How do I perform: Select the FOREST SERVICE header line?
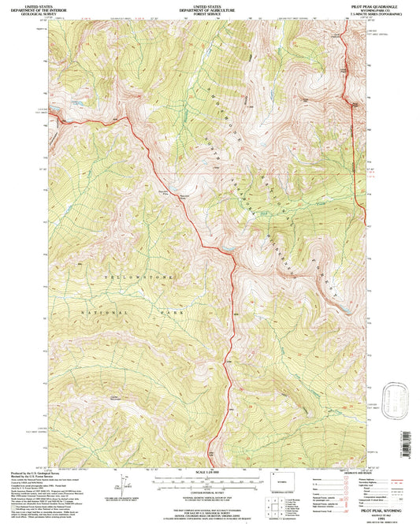[x=209, y=13]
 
